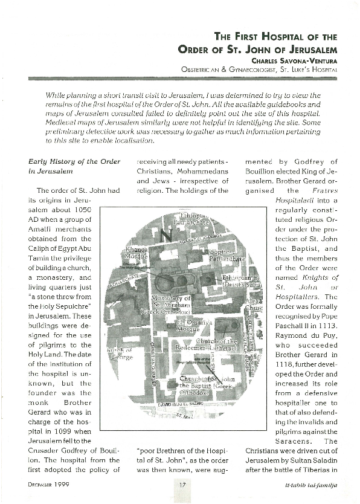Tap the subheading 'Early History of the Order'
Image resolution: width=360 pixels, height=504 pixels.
75,161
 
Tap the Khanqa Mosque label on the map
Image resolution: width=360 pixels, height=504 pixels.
135,252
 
